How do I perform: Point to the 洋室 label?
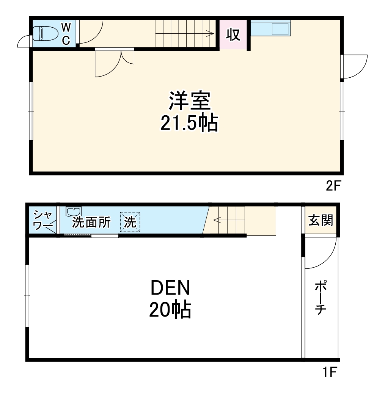189,102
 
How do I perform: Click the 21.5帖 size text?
189,123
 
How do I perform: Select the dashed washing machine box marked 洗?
130,222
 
